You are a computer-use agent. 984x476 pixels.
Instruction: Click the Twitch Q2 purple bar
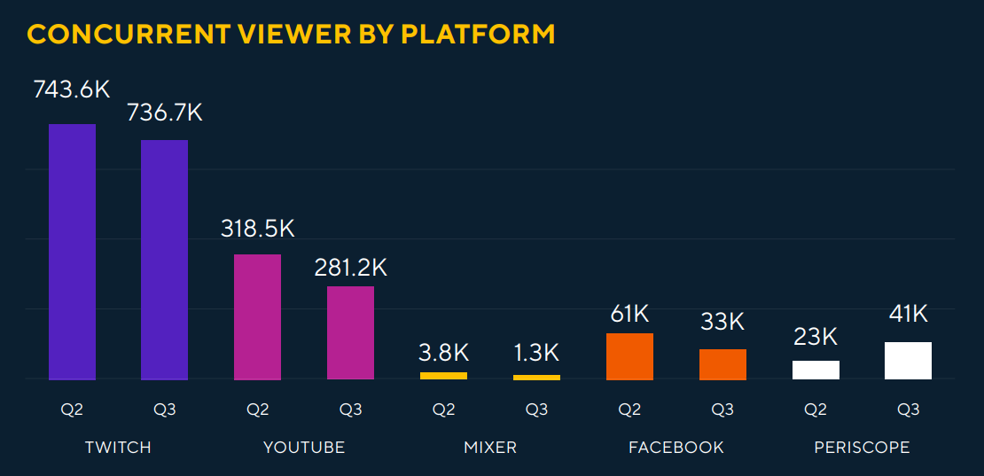(x=72, y=252)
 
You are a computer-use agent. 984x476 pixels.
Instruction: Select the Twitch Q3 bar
(x=164, y=260)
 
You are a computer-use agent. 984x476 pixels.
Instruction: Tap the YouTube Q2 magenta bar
(x=257, y=316)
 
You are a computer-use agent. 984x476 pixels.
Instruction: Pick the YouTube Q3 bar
(x=350, y=332)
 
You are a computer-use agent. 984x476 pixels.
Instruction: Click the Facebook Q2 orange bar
(x=629, y=356)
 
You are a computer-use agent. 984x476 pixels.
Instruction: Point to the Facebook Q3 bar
(x=722, y=364)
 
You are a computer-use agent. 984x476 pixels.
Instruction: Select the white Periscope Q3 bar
(x=908, y=361)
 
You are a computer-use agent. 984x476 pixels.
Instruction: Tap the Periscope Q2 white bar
(x=816, y=370)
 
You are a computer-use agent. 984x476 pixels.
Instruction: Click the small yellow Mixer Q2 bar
(x=443, y=376)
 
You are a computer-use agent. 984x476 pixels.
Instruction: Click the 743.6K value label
(x=72, y=90)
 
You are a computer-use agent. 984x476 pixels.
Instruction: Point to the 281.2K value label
(x=350, y=267)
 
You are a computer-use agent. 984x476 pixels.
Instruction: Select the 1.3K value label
(x=536, y=352)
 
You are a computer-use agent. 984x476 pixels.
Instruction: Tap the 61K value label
(x=629, y=313)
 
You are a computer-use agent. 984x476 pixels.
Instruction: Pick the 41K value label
(x=908, y=313)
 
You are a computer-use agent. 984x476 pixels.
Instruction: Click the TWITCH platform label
(x=118, y=448)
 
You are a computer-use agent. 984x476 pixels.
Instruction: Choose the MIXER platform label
(x=490, y=448)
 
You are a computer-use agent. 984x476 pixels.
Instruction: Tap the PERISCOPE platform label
(x=862, y=448)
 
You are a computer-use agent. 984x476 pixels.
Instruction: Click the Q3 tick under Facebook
(x=722, y=410)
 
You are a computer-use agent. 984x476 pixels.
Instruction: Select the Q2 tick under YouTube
(x=257, y=410)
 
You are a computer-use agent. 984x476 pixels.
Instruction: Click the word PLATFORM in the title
(x=478, y=34)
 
